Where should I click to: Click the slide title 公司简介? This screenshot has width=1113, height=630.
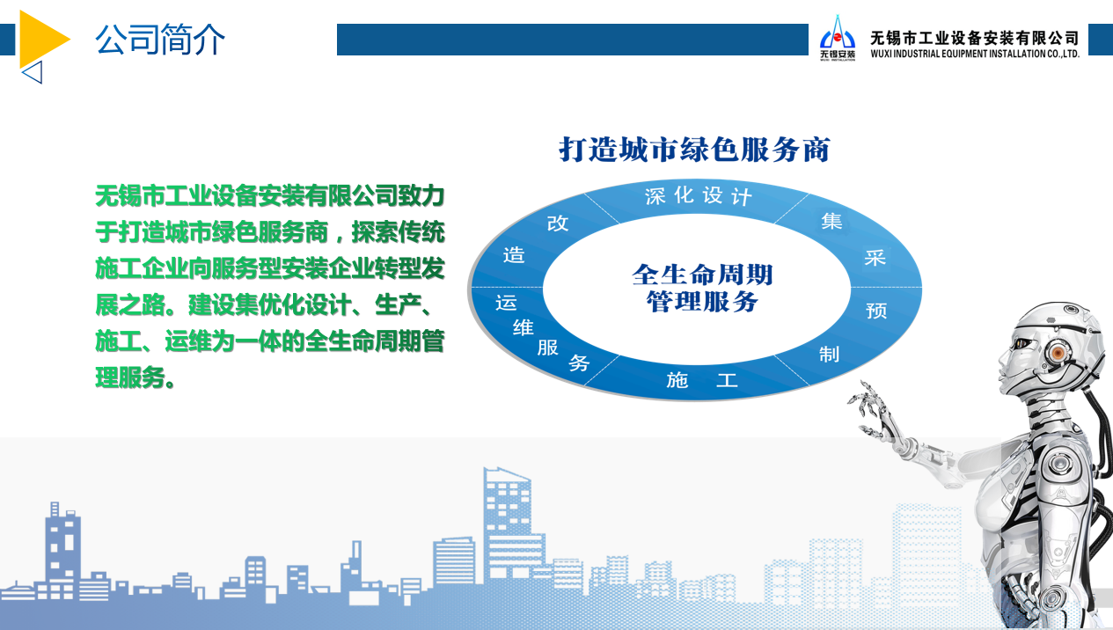click(x=160, y=40)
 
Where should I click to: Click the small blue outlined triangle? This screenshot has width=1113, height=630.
click(x=33, y=72)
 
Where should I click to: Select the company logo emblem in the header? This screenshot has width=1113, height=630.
click(x=838, y=38)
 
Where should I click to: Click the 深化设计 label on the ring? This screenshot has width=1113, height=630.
click(x=698, y=195)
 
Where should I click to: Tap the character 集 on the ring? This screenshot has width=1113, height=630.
click(x=831, y=221)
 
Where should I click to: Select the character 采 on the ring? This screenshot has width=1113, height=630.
click(x=875, y=257)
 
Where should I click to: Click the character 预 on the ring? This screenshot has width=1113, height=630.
click(x=876, y=311)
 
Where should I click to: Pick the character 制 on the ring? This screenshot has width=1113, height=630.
click(x=829, y=355)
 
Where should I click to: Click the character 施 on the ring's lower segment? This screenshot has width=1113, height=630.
click(x=677, y=380)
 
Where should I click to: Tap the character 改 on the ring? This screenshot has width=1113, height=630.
click(x=558, y=223)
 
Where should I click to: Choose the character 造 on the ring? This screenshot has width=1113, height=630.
click(x=514, y=255)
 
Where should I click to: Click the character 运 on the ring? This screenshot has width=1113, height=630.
click(x=506, y=303)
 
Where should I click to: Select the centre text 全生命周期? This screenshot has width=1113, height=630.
click(x=702, y=275)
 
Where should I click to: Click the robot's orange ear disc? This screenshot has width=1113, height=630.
click(x=1058, y=353)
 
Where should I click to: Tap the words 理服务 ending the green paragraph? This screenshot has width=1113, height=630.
click(x=130, y=377)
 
